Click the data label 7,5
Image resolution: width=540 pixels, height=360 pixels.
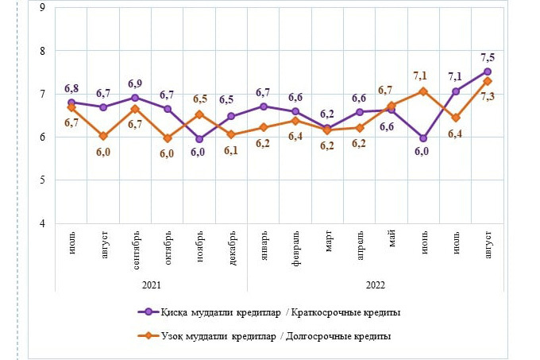click(487, 56)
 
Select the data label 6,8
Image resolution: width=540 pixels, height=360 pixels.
click(71, 87)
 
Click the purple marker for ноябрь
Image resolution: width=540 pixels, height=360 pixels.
click(199, 139)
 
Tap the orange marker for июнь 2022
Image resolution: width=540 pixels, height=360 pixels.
click(423, 91)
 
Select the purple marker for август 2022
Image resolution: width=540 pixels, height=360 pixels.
click(487, 72)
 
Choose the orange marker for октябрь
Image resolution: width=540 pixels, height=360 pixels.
click(168, 138)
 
